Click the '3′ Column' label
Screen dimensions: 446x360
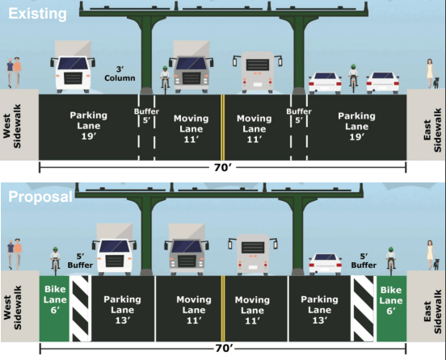click(x=120, y=74)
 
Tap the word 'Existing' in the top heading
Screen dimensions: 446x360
click(x=37, y=14)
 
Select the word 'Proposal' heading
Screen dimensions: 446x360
click(x=40, y=196)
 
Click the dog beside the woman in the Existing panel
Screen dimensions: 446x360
click(x=435, y=83)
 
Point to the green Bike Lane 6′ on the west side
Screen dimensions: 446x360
click(x=54, y=308)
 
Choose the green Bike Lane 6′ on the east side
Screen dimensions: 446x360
click(x=391, y=308)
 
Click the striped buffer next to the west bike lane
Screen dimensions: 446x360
click(x=81, y=308)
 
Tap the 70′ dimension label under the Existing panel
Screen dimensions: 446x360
click(x=223, y=168)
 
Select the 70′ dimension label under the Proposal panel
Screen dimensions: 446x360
click(x=224, y=349)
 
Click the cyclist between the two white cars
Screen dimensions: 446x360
click(x=353, y=78)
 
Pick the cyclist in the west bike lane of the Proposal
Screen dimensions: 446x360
click(x=55, y=261)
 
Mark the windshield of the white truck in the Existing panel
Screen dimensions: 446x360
click(x=73, y=63)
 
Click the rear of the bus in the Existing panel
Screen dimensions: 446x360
click(x=258, y=72)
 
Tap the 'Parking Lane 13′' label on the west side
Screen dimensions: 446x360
click(x=122, y=310)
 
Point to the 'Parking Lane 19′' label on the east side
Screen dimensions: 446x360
click(x=356, y=126)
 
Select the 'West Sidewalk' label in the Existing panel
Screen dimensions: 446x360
click(x=12, y=126)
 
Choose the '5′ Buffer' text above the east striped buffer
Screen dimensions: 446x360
click(x=364, y=261)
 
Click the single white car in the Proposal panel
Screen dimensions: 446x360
click(x=326, y=264)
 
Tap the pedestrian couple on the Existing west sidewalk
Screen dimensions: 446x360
click(x=14, y=73)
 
